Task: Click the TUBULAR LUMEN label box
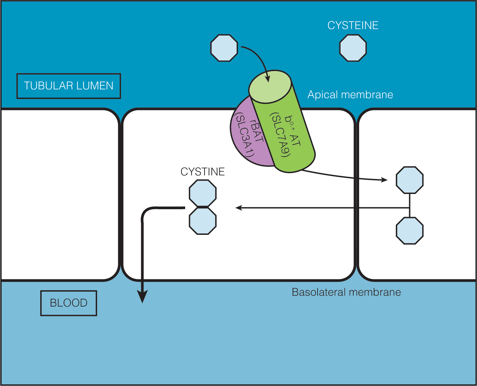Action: [x=69, y=86]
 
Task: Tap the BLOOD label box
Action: [x=69, y=303]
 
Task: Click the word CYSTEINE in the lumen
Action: [x=353, y=25]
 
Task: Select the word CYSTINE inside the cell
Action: [x=202, y=172]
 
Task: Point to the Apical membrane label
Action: [x=350, y=95]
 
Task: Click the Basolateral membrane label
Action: [x=346, y=292]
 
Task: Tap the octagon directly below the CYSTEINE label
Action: [x=353, y=48]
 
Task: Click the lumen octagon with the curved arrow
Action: [x=224, y=48]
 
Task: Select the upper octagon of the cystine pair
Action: [x=203, y=194]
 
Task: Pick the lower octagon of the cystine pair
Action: [x=203, y=221]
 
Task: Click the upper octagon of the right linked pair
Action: [x=409, y=180]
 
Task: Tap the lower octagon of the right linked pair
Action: [x=409, y=231]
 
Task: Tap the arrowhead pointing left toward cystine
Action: [x=239, y=208]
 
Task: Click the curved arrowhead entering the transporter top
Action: [x=268, y=79]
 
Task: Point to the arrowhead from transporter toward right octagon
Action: [x=384, y=180]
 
